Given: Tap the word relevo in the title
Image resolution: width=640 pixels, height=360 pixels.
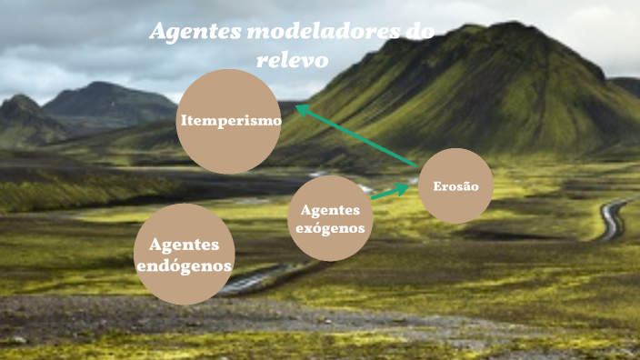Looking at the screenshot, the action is (291, 59).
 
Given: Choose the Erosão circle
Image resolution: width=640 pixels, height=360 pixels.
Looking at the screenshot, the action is (455, 185).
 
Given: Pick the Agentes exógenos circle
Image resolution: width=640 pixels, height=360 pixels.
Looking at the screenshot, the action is (331, 218).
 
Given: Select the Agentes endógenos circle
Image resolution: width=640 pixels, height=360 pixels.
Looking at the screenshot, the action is (184, 255).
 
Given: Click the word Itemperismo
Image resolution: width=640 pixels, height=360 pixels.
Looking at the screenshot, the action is (230, 121).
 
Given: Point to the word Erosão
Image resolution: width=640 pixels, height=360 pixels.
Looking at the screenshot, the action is (450, 186).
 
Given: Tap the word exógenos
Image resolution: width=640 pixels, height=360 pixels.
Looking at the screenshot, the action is (331, 228).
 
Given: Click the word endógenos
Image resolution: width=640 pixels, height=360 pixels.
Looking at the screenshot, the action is (184, 266).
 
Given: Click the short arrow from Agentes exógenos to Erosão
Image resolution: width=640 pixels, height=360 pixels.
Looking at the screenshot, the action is (389, 191).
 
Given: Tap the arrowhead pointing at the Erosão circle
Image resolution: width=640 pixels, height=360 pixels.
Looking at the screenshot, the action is (404, 186).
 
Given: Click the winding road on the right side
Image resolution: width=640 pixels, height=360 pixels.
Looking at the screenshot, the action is (615, 218).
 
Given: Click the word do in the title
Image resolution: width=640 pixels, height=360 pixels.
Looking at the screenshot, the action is (419, 33).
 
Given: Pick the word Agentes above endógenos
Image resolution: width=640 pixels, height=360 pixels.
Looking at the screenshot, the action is (184, 245).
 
